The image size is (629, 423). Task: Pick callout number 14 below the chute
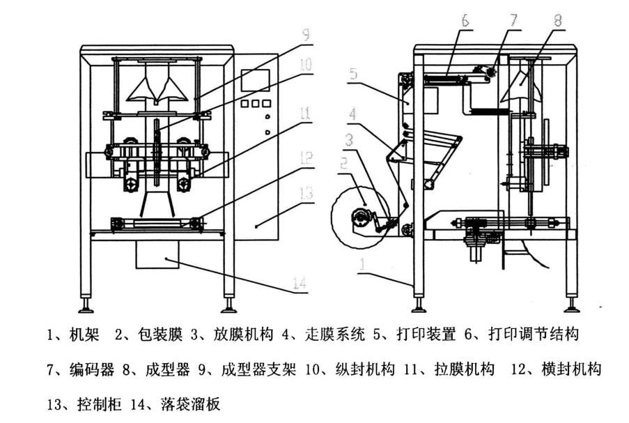click(300, 284)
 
